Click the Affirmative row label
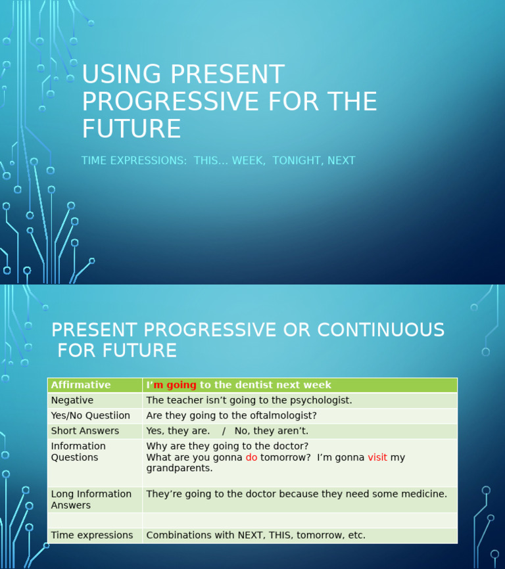tap(81, 385)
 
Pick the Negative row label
tap(72, 400)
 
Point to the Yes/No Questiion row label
tap(91, 416)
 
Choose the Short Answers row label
tap(85, 431)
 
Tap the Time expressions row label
tap(92, 535)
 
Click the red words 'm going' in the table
tap(175, 385)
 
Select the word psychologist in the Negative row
tap(318, 400)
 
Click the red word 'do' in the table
tap(251, 457)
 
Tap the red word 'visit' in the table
tap(377, 457)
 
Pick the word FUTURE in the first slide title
tap(131, 129)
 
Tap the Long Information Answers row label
tap(91, 499)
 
